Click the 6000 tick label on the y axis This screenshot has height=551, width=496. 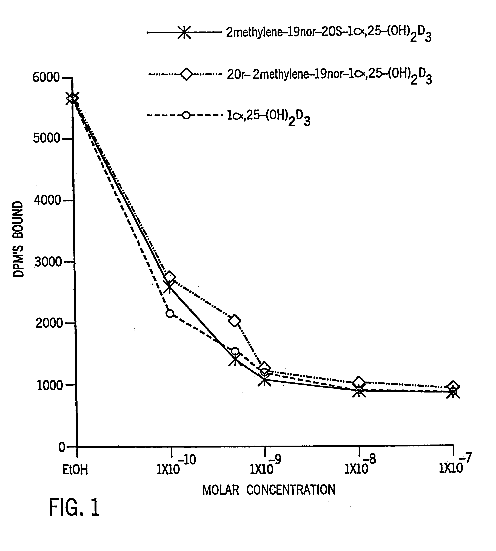click(46, 78)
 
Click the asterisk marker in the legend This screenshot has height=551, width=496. click(184, 32)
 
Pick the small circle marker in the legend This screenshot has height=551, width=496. click(186, 115)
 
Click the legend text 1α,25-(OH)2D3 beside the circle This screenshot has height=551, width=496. click(268, 117)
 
